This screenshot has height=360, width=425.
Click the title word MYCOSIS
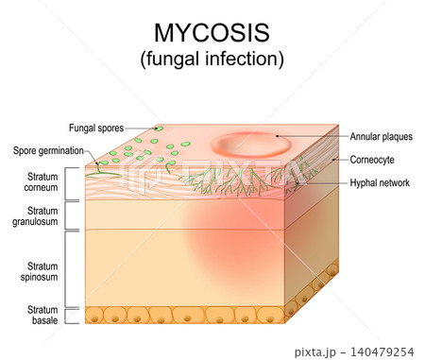coord(212,33)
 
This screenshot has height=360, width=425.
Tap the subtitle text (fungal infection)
coord(212,59)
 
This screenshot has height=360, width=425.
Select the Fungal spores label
coord(96,129)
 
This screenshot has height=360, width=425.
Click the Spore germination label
coord(48,150)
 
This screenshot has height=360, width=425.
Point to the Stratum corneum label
coord(42,182)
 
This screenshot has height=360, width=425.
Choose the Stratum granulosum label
coord(35,216)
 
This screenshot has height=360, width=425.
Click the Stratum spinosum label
coord(40,271)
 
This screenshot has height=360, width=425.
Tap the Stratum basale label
coord(42,315)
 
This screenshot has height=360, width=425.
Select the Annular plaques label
coord(382,136)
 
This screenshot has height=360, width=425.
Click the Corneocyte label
coord(372,160)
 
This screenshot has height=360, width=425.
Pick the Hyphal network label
coord(380,182)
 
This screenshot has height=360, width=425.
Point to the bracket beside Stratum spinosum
coord(66,269)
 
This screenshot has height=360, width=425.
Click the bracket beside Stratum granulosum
coord(66,215)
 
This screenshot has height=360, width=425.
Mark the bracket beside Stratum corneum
coord(66,183)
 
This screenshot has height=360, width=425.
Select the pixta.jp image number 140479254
coord(382,351)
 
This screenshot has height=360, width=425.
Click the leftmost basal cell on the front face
coord(93,315)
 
